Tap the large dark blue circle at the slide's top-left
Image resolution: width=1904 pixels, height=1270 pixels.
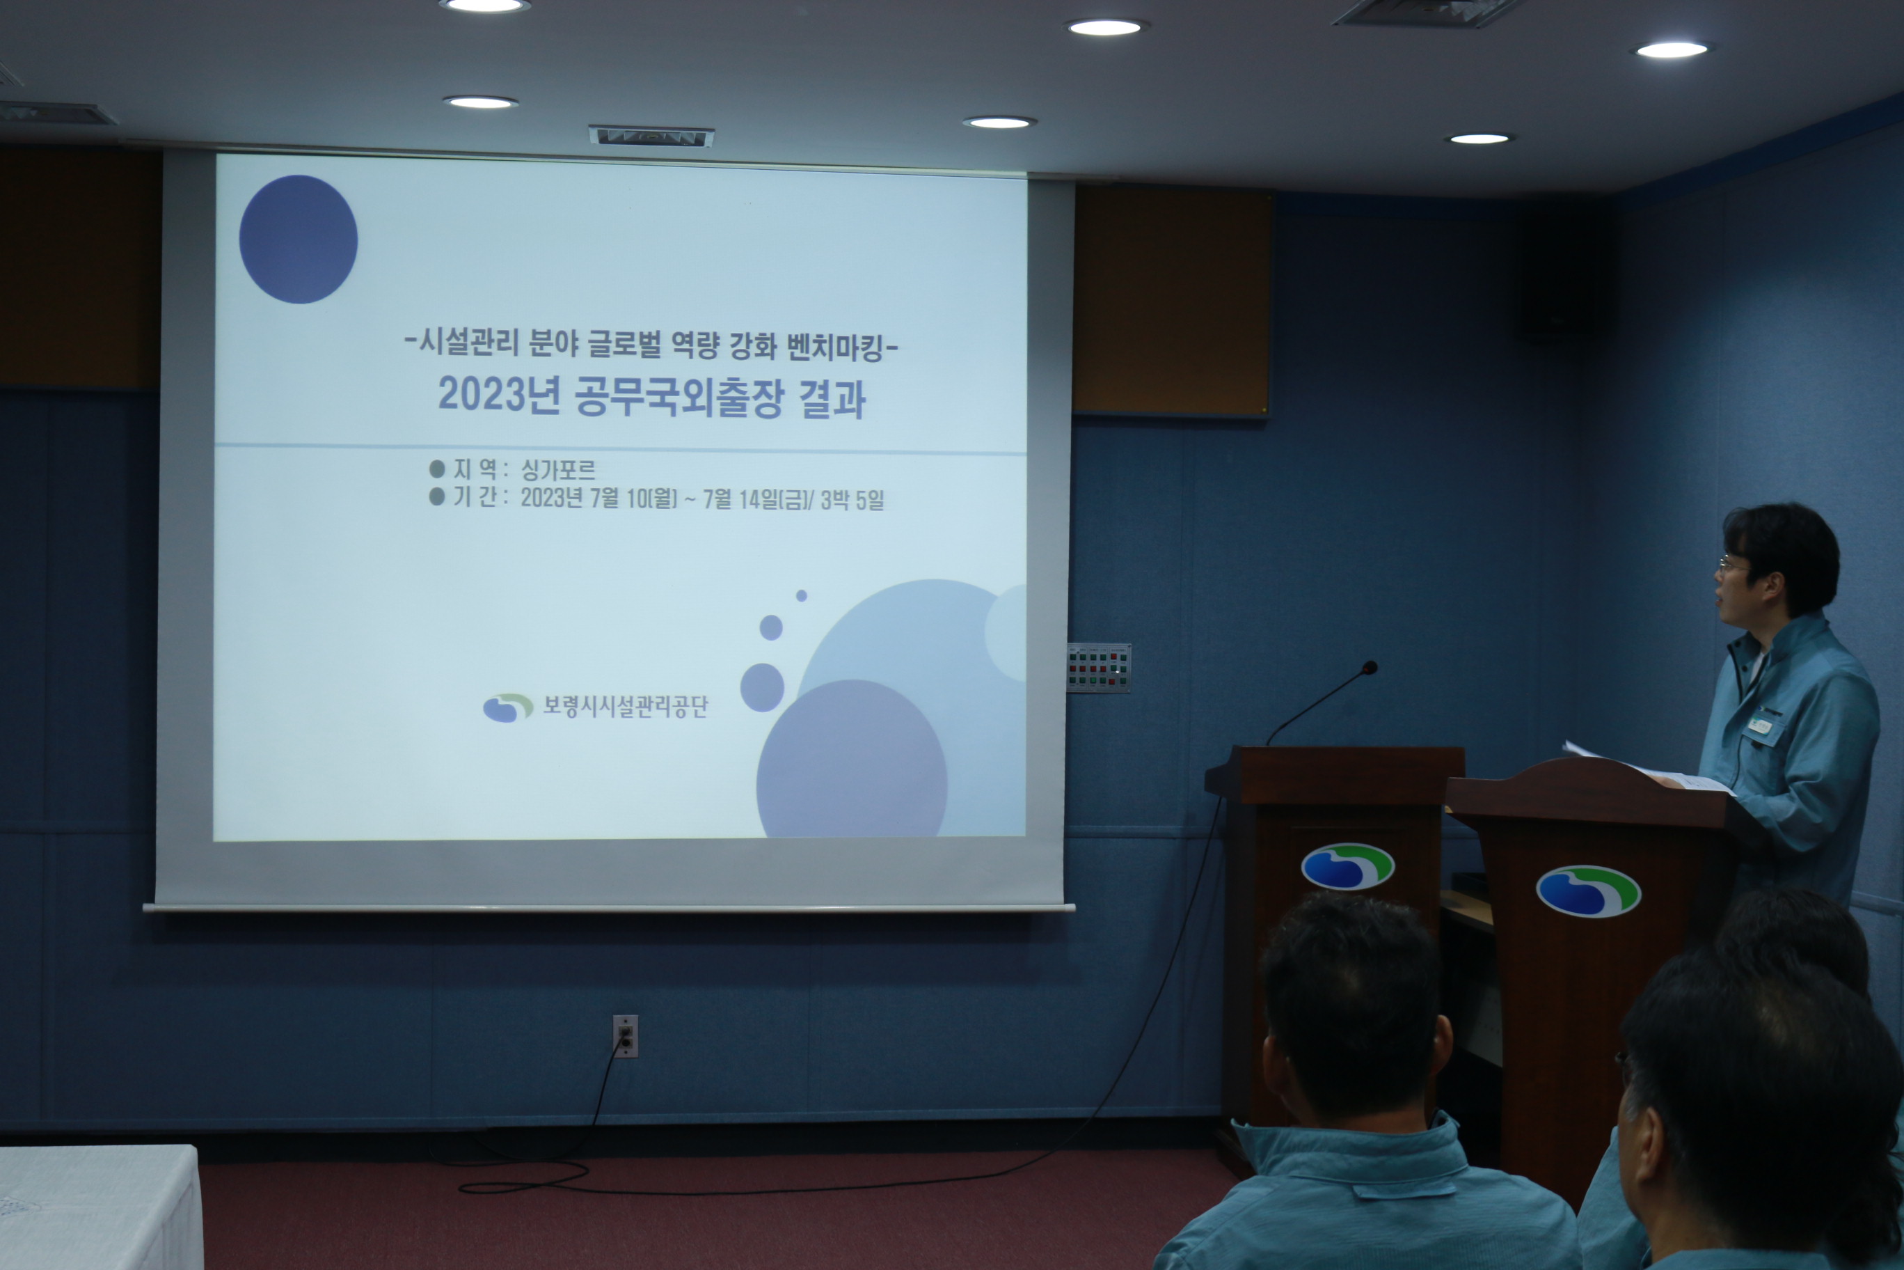coord(298,239)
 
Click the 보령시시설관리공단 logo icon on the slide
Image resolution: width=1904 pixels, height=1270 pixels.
coord(507,707)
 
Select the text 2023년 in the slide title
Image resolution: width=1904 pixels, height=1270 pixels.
coord(499,395)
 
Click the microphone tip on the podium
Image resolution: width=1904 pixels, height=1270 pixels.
coord(1369,668)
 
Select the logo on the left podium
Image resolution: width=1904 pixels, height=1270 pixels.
coord(1347,866)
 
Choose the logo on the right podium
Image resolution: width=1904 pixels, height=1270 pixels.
coord(1588,892)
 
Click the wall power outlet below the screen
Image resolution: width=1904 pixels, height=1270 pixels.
coord(625,1036)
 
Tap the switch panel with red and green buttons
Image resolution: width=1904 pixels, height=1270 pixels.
coord(1099,668)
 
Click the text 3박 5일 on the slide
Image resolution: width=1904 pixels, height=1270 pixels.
coord(852,500)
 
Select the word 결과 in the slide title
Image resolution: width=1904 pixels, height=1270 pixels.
coord(833,398)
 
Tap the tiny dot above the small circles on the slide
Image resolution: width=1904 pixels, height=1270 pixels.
coord(802,595)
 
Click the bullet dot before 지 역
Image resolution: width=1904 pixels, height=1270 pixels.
coord(437,468)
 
